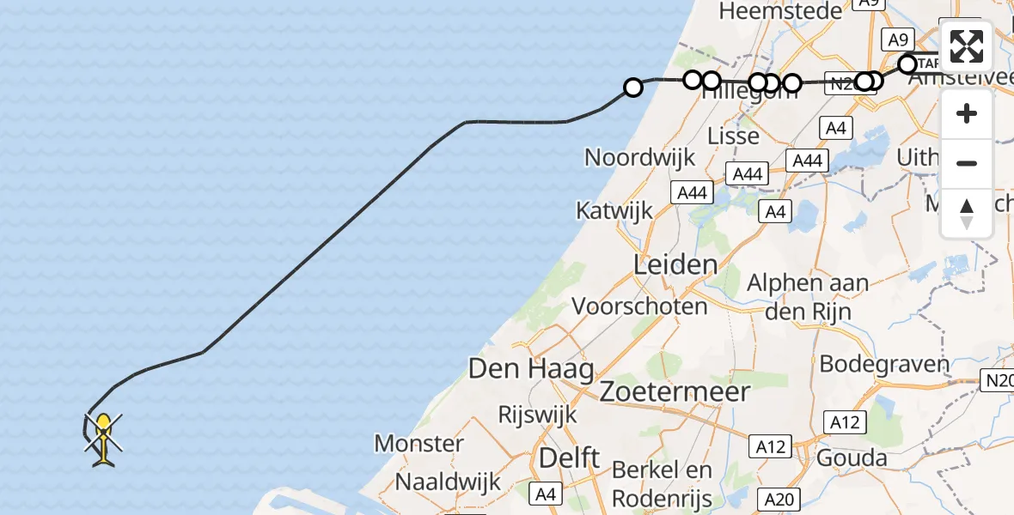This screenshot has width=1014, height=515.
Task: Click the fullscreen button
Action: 967,46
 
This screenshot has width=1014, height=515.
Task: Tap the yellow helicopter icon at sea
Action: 103,439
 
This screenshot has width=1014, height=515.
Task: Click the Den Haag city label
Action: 531,369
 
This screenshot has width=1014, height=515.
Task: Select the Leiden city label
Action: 675,264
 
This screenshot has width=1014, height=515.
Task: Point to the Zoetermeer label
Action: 675,391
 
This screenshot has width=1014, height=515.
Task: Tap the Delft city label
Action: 569,457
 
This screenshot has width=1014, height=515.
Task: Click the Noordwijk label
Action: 639,157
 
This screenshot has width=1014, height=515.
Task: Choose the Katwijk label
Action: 614,210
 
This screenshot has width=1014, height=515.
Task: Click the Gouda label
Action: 852,457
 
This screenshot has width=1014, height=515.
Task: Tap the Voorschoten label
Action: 639,306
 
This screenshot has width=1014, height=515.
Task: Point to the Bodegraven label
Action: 884,363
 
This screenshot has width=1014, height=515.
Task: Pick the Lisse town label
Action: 733,136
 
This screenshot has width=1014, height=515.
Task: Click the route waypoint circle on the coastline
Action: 632,88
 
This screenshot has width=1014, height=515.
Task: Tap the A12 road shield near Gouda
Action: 842,421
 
